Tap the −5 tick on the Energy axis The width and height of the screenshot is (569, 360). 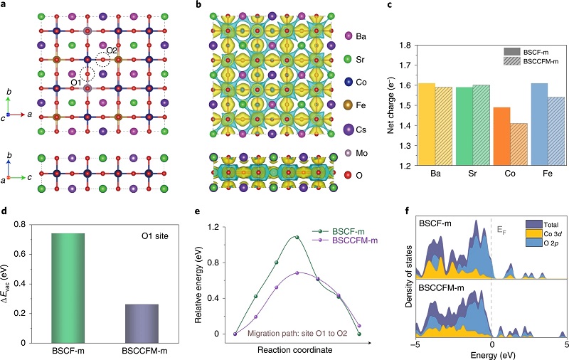(416, 344)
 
